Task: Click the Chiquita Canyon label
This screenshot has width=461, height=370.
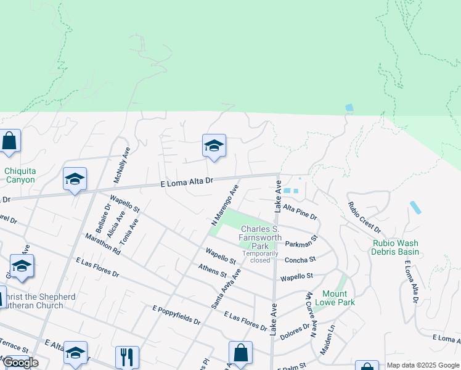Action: point(20,175)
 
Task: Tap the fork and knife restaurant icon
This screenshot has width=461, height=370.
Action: point(126,356)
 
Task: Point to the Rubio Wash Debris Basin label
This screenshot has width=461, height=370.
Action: point(396,247)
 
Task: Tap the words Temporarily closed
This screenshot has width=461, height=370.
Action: point(256,257)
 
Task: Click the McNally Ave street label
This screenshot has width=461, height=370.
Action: point(121,165)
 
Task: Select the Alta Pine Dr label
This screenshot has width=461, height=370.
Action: point(300,212)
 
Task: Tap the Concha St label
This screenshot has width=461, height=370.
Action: point(300,260)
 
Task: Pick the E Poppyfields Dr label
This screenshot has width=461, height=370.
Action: point(177,314)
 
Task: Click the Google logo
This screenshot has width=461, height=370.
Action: point(20,363)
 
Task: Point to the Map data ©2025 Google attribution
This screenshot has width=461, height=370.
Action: point(423,365)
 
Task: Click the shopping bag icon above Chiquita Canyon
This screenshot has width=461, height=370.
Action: point(10,141)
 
